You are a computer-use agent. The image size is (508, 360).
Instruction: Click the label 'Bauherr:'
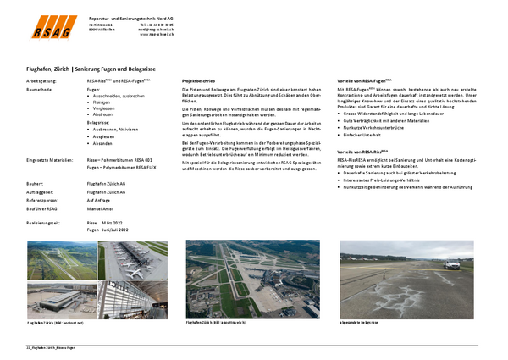pyautogui.click(x=35, y=184)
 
